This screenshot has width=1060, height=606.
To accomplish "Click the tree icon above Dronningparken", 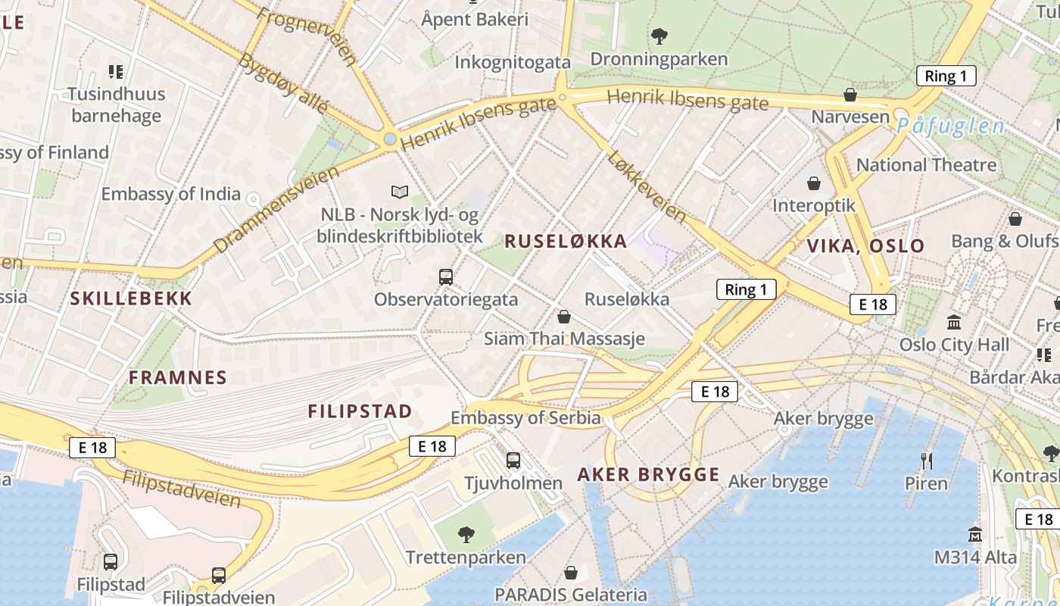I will pos(659,35).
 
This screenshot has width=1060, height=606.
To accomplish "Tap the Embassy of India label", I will pos(170,194).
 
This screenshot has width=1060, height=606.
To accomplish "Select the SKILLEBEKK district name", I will pos(132,298).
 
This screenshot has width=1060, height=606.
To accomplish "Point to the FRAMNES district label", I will pos(178,377).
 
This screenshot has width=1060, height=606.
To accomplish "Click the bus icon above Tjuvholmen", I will pos(513,460).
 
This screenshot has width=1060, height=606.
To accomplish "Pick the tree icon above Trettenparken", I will pos(466,535).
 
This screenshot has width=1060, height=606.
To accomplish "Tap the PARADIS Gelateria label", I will pos(571,595).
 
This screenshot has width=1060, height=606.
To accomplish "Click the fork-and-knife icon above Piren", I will pos(926,460).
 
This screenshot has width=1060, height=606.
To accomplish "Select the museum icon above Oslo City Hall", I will pos(954,322).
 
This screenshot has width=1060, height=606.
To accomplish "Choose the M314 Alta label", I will pos(974,558).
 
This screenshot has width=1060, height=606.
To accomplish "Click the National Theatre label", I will pos(926,164).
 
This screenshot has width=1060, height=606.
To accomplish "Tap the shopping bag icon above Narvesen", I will pos(850,95).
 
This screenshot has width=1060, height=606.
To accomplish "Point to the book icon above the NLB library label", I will pos(399,192).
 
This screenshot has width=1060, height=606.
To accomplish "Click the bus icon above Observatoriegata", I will pos(446,276).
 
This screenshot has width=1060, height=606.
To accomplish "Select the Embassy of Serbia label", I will pos(525,417).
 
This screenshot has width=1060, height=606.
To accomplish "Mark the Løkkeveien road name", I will pos(647,186).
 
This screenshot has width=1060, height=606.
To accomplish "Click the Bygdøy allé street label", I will pos(283,83).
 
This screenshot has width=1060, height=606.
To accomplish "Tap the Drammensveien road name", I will pos(276,210).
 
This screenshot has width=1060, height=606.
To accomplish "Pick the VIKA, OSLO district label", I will pos(865,245).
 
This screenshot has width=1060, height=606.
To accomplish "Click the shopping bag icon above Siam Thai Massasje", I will pos(564,316).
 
